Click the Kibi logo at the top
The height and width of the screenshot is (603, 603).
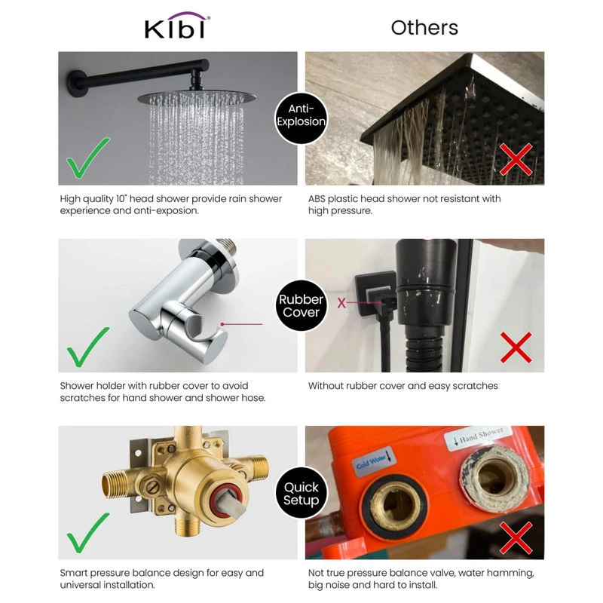177,26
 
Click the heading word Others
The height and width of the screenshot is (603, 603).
424,28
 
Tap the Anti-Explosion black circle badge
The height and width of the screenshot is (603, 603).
301,118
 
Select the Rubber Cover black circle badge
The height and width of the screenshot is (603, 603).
301,306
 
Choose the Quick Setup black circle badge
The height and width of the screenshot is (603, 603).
301,494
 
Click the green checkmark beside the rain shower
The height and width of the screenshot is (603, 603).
88,158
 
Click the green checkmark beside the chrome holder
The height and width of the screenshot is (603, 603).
88,347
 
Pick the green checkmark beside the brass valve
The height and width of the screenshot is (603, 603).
88,533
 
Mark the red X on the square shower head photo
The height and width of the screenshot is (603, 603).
516,159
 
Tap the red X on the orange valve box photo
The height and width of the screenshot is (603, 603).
516,537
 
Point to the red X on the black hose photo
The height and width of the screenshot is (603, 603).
516,347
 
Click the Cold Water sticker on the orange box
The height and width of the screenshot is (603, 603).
374,462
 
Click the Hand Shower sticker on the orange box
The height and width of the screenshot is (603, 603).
478,437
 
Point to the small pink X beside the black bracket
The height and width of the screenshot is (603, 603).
341,303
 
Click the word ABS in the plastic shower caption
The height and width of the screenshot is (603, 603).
317,199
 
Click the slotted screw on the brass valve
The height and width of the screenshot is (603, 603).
153,485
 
